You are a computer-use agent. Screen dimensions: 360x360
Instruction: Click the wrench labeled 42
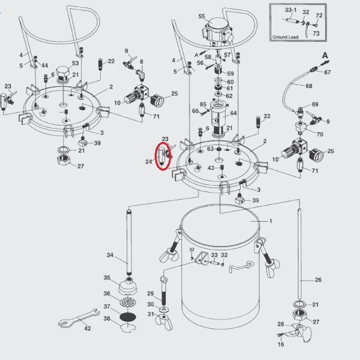[79, 318]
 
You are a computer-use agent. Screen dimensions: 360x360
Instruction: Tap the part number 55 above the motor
[202, 16]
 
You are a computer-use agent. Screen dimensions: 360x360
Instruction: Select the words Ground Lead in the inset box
[285, 37]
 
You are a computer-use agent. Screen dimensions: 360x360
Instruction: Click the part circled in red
[163, 156]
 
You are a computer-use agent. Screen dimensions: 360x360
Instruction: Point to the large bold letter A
[325, 55]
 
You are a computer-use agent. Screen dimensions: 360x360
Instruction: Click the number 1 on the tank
[271, 221]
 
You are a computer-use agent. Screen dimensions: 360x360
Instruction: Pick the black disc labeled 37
[128, 318]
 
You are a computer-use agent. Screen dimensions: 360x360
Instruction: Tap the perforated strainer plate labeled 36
[128, 302]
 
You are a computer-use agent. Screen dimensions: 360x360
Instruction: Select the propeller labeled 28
[300, 333]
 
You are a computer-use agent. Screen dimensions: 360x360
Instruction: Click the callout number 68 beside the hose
[309, 86]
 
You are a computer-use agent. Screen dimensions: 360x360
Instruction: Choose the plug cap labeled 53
[63, 74]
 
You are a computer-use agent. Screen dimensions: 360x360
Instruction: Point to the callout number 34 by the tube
[110, 255]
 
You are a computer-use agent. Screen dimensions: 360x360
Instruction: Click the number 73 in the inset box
[316, 34]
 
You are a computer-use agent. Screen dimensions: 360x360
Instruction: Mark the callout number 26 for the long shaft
[318, 280]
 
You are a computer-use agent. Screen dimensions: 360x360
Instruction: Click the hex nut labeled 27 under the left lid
[63, 160]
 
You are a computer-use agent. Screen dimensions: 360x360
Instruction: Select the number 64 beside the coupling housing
[233, 113]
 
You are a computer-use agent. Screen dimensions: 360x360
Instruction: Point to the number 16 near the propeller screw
[281, 344]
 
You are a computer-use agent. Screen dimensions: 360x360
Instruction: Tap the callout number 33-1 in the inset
[291, 10]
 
